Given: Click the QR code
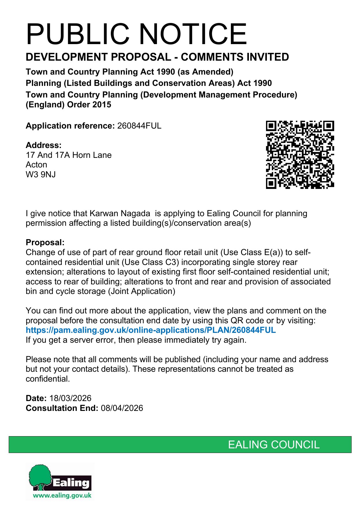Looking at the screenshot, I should (x=300, y=155).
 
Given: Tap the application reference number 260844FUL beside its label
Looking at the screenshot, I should (x=139, y=126).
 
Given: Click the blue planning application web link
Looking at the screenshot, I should (x=151, y=330).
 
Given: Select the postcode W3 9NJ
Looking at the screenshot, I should (x=41, y=175).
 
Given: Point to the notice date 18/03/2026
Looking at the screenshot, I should (x=70, y=398).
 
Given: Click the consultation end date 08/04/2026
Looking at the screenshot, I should (x=122, y=408).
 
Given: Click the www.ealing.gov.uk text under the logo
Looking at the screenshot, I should (x=62, y=495).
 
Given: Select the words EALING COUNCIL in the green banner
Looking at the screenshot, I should (x=274, y=445).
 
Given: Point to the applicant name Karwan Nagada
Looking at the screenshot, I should (x=120, y=214).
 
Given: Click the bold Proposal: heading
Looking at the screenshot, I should (x=45, y=242).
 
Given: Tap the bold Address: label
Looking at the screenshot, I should (x=44, y=145).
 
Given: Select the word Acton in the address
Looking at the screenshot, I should (x=36, y=165).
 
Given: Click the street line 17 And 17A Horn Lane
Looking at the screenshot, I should (x=68, y=155).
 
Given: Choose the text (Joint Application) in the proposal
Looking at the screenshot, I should (x=142, y=291).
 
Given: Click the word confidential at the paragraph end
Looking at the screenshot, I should (x=47, y=379).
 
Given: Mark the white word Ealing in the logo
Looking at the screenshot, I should (x=71, y=483).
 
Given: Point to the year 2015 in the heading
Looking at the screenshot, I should (x=101, y=105).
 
